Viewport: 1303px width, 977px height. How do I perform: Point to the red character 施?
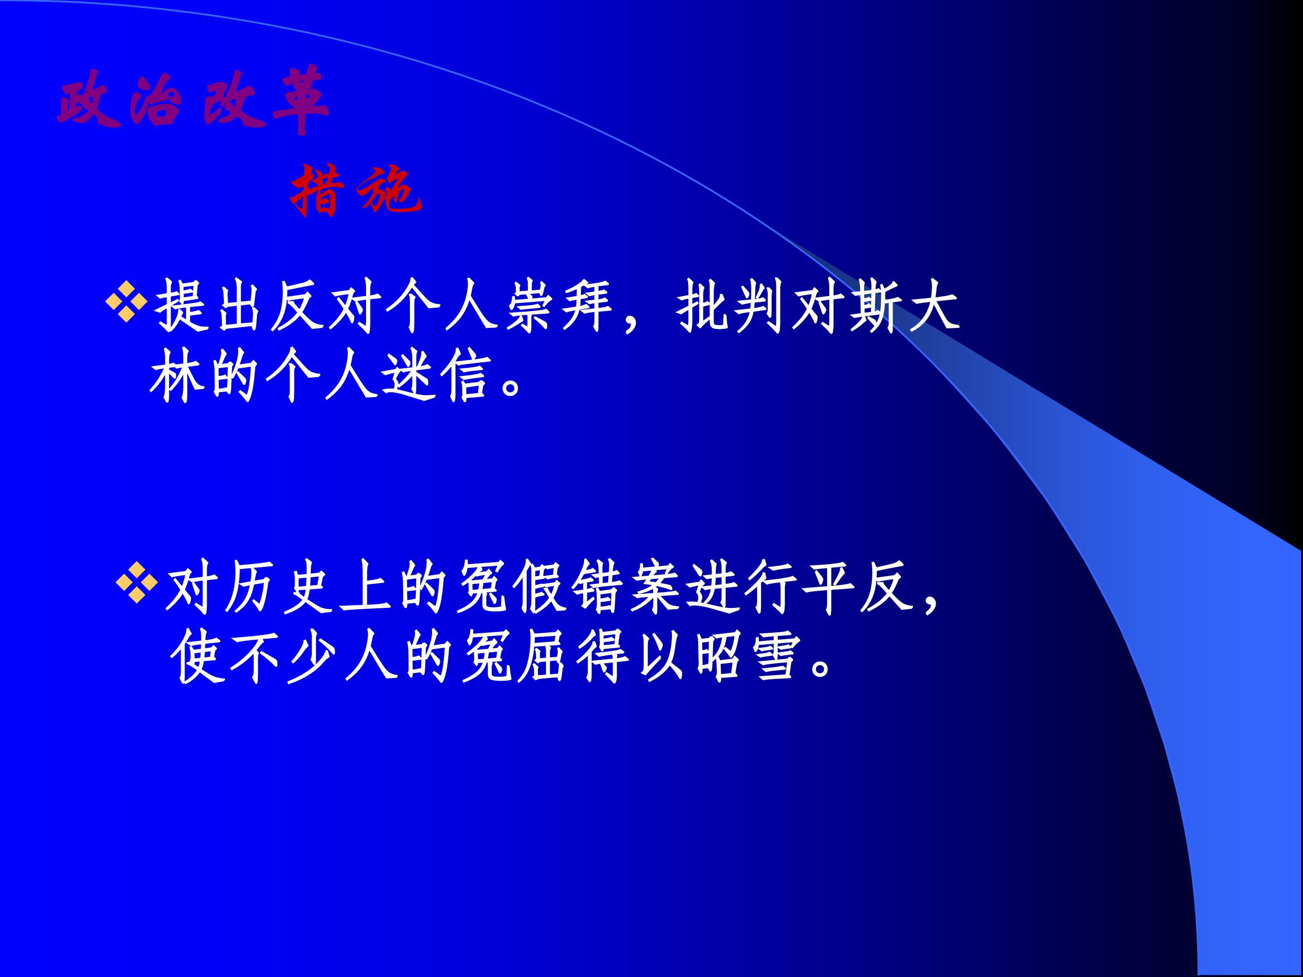390,191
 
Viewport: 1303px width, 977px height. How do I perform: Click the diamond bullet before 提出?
126,302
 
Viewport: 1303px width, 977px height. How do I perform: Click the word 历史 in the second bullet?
277,588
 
